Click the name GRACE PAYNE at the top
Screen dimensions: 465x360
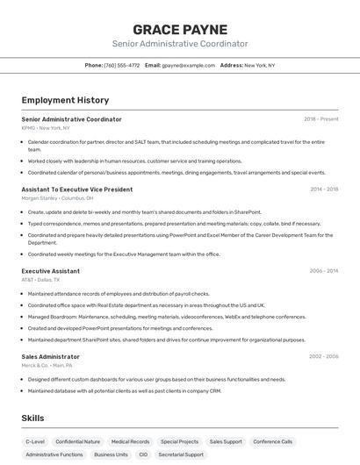coord(179,29)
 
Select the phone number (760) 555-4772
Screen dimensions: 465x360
coord(122,65)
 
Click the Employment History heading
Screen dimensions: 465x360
coord(65,100)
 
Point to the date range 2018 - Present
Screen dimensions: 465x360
coord(321,119)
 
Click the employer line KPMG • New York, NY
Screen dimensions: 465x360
coord(46,128)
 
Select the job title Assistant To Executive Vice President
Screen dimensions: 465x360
coord(77,189)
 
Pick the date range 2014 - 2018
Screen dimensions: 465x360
coord(324,189)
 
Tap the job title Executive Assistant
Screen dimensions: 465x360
coord(51,271)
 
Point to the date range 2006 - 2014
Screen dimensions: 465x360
coord(323,271)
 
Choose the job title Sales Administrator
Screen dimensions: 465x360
coord(51,356)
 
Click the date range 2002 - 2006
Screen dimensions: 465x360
coord(323,356)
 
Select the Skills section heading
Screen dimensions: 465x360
coord(33,418)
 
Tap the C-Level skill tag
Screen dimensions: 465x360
coord(35,442)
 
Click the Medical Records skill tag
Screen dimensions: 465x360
coord(130,442)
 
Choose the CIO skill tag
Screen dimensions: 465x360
coord(143,455)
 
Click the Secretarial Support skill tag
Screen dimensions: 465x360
coord(181,455)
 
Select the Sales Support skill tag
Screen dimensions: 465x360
coord(226,442)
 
